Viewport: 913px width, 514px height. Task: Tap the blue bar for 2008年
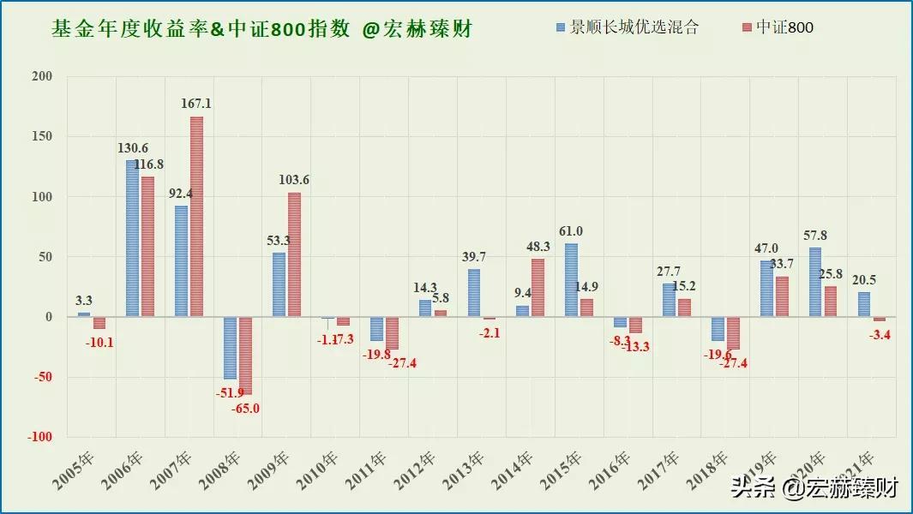(x=230, y=348)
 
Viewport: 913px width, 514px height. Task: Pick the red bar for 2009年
(x=294, y=254)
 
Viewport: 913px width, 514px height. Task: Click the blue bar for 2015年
(x=571, y=280)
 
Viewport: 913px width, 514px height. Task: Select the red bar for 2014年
(x=538, y=288)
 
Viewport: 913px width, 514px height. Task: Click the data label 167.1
(x=196, y=104)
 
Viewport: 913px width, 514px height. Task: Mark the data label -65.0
(x=244, y=409)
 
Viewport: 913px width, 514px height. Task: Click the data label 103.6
(x=294, y=180)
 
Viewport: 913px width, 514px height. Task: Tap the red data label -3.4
(x=880, y=335)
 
